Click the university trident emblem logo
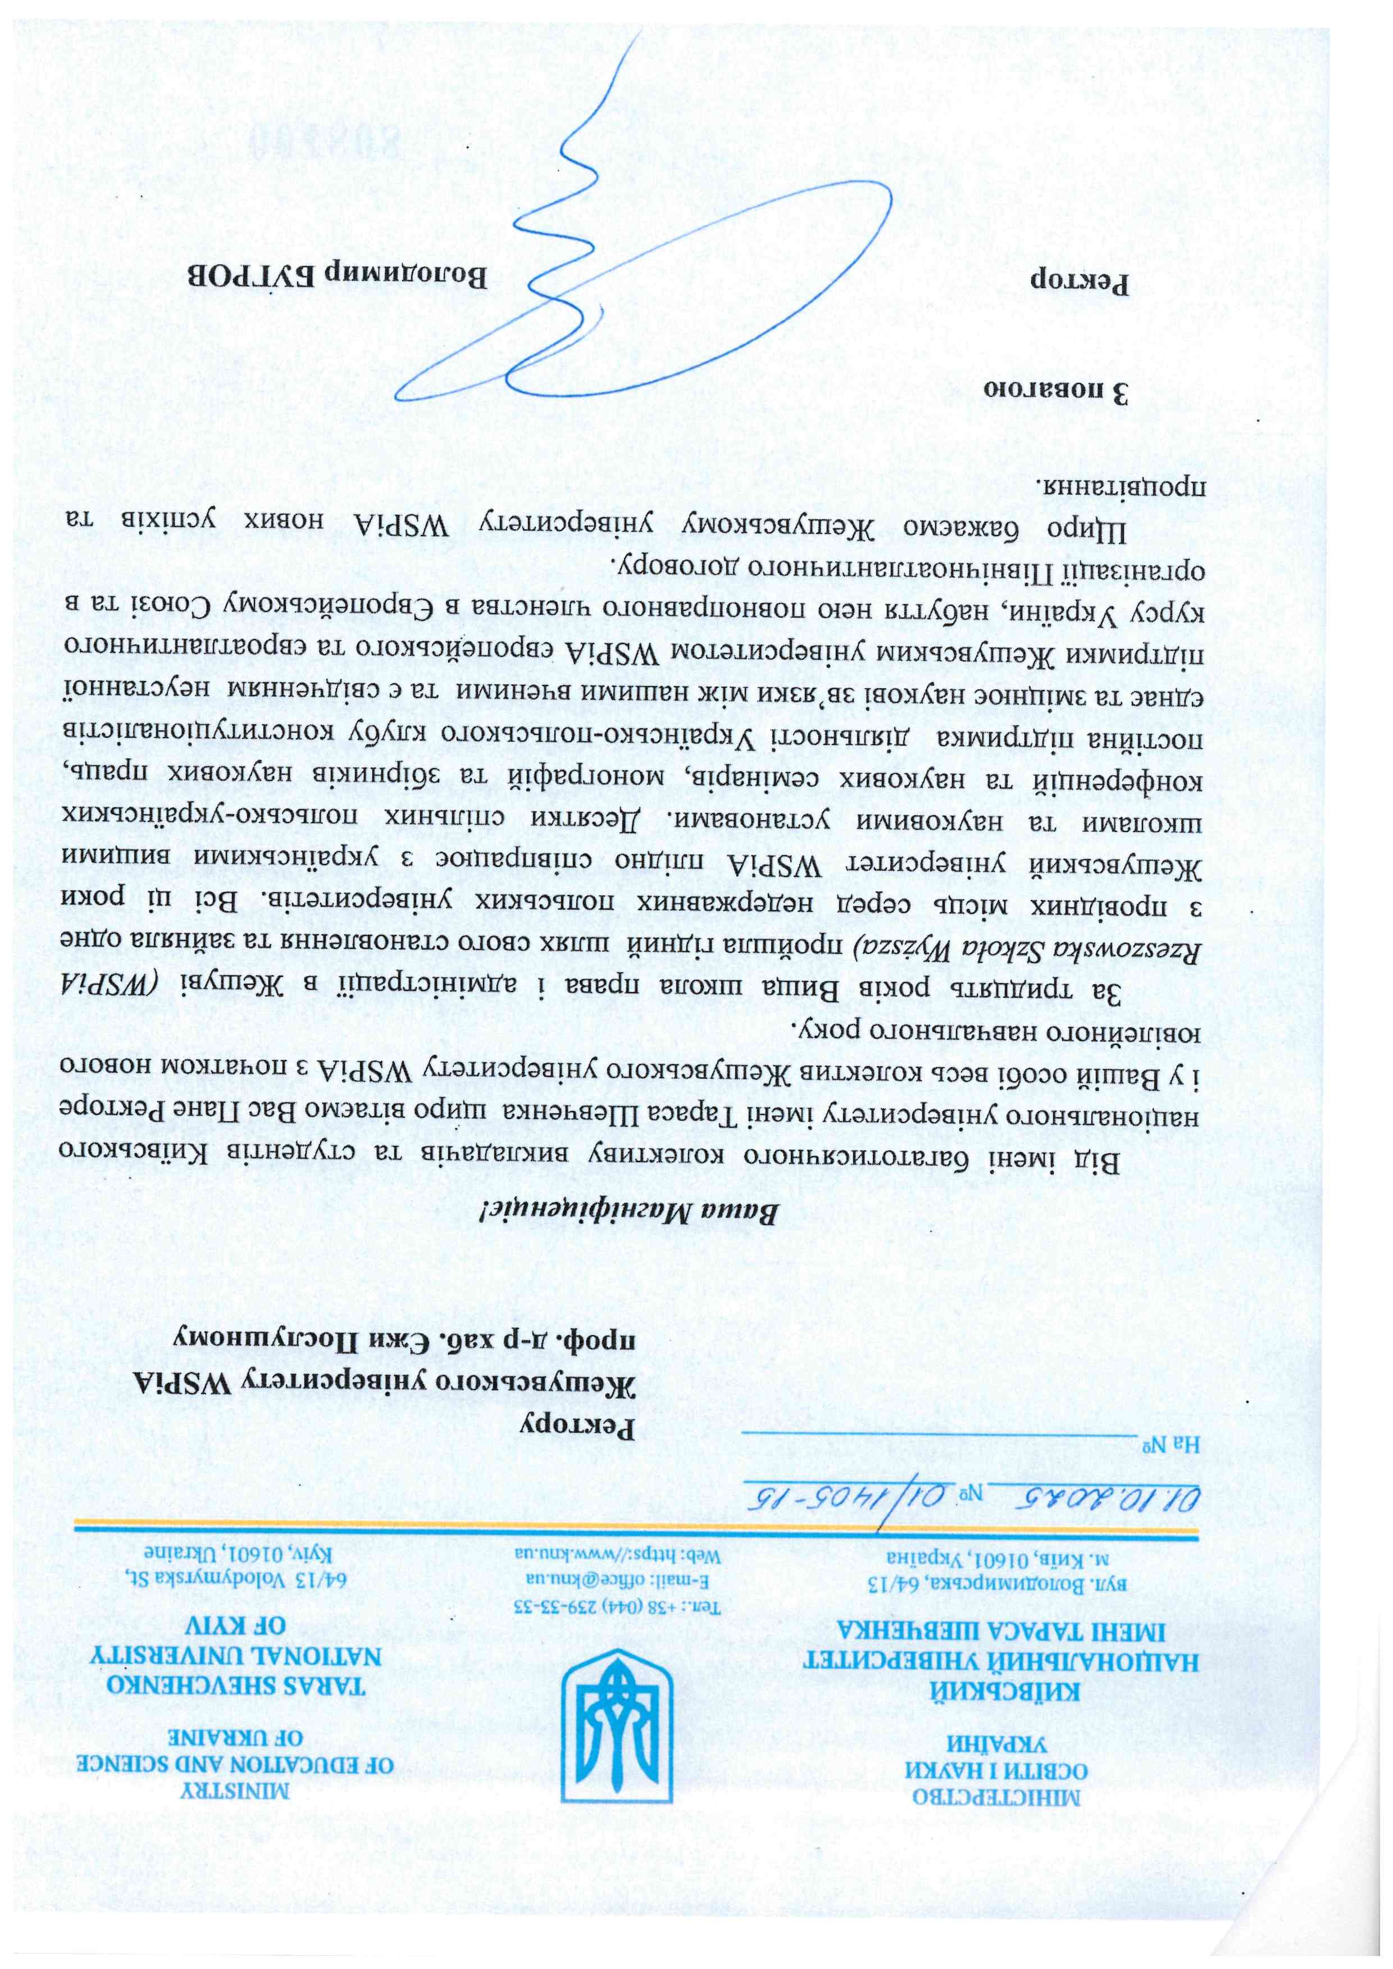(616, 1723)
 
